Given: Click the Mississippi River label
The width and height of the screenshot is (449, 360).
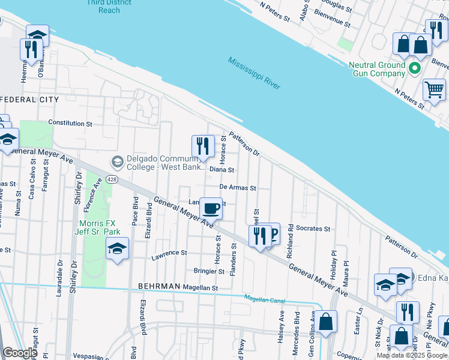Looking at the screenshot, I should click(254, 73).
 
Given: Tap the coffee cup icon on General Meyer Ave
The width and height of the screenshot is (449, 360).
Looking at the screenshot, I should click(211, 208).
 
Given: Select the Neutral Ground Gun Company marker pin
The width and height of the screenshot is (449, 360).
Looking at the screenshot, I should click(414, 68).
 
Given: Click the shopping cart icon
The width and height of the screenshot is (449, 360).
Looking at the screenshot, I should click(434, 89).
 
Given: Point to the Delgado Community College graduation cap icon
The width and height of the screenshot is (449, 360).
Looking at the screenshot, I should click(117, 162).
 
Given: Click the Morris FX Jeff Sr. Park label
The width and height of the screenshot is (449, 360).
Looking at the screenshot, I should click(100, 227).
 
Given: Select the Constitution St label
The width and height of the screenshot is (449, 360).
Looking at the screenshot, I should click(70, 123).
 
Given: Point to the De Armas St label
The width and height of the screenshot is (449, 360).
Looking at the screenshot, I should click(238, 188).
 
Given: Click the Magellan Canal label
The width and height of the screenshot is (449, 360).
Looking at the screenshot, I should click(264, 298).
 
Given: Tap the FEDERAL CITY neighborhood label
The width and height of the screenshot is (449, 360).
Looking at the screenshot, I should click(29, 100).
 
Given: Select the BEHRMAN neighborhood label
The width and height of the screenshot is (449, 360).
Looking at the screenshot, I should click(159, 287).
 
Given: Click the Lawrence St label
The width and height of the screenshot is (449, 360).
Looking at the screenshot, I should click(169, 253).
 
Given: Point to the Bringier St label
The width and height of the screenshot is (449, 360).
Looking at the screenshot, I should click(208, 271).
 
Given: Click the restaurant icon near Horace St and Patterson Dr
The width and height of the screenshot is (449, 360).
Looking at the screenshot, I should click(203, 146).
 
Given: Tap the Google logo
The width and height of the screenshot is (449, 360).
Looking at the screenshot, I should click(19, 353).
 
